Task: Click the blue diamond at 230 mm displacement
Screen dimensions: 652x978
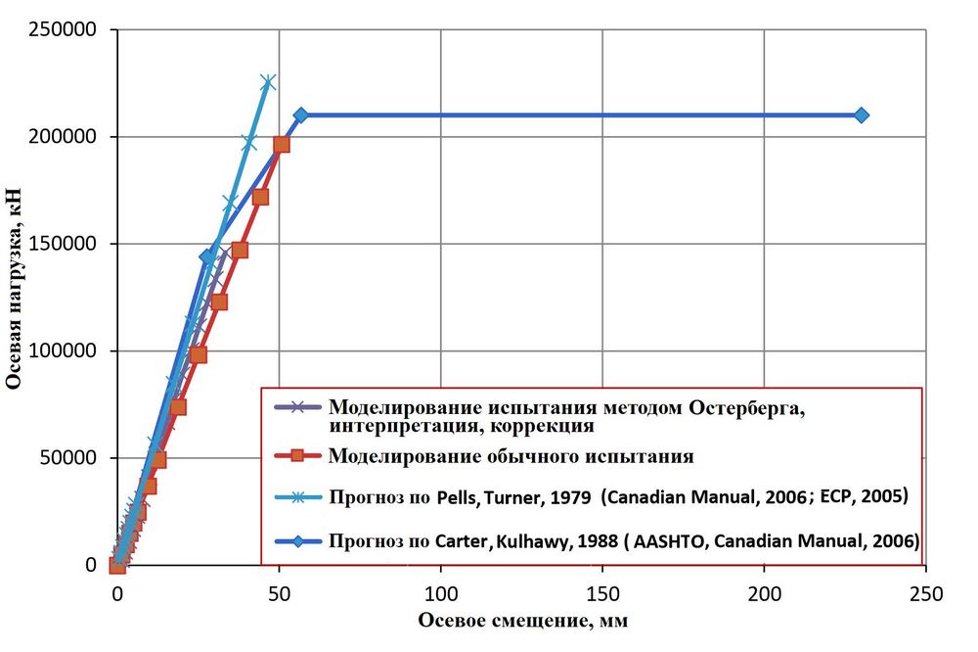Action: [x=861, y=115]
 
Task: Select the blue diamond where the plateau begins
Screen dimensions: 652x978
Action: [x=300, y=115]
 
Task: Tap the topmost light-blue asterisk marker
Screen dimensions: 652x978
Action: [x=268, y=82]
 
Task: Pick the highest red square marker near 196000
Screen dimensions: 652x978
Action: [x=282, y=145]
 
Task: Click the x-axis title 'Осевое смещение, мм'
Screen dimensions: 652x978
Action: [x=522, y=622]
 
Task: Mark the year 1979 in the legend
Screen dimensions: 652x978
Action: [x=567, y=497]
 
